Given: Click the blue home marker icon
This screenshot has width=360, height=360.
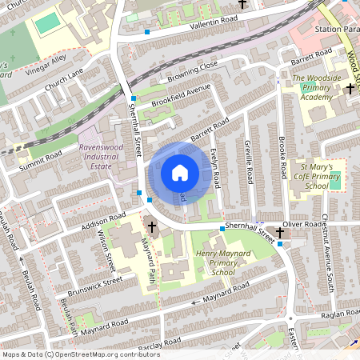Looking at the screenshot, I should point(180,173).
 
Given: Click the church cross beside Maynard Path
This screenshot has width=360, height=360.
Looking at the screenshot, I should point(152,227).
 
